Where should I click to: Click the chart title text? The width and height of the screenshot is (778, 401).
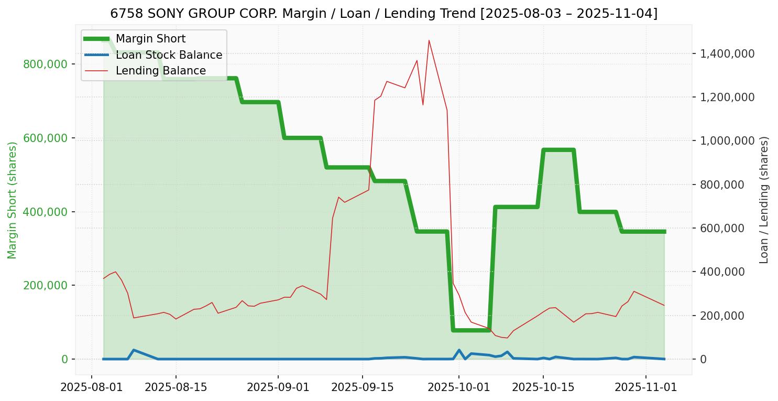point(383,14)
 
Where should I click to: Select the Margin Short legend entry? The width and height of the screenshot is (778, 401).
point(150,39)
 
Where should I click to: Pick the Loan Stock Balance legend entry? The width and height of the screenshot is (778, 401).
point(169,55)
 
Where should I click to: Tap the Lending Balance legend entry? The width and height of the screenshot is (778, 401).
point(160,71)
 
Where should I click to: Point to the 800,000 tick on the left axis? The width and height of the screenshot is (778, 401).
point(46,64)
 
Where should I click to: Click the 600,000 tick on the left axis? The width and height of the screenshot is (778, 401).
point(46,138)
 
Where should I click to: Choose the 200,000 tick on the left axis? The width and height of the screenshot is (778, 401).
point(46,286)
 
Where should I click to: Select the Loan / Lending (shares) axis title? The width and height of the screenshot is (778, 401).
point(764,200)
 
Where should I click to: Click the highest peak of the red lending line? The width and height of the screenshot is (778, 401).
point(429,40)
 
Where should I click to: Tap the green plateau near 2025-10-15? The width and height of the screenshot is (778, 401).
point(558,150)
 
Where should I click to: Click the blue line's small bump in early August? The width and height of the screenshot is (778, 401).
point(134,350)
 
